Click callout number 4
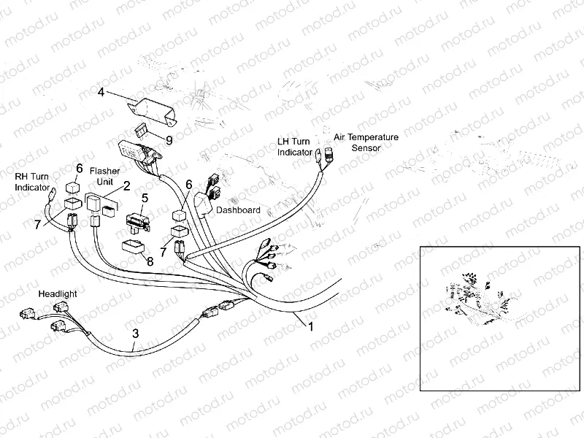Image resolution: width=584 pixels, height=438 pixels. click(101, 93)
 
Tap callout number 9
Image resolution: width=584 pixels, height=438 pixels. click(169, 138)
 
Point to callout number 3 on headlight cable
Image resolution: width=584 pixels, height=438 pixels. click(135, 335)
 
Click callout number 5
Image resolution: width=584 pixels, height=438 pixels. click(145, 197)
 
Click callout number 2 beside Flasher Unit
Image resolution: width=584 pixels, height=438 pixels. click(126, 186)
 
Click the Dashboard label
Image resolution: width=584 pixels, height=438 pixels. click(239, 210)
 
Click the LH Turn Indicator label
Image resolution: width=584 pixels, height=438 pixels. click(295, 146)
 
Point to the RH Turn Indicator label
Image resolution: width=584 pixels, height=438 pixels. click(32, 182)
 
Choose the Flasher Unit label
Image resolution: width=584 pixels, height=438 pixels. click(104, 175)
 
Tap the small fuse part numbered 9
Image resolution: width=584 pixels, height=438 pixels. click(145, 131)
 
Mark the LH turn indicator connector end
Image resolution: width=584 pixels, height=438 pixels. click(319, 154)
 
